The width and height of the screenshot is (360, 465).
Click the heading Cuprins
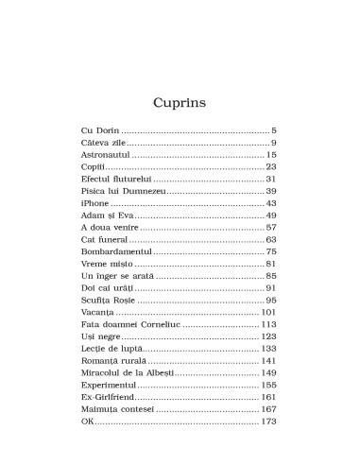(180, 100)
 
